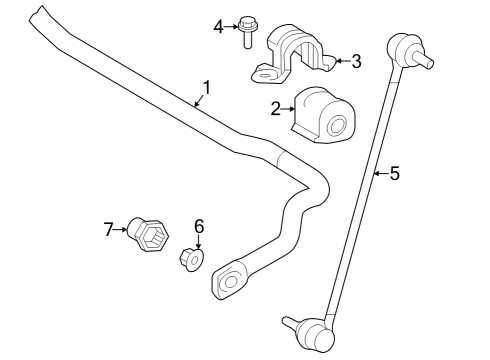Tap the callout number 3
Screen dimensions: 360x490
355,61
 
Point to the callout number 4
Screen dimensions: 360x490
219,26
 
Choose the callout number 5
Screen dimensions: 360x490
394,174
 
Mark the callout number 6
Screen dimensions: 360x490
198,226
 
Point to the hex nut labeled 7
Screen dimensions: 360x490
150,237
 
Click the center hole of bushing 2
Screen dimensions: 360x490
338,126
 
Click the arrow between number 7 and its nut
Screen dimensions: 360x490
124,230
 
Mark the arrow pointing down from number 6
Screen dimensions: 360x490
198,241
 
